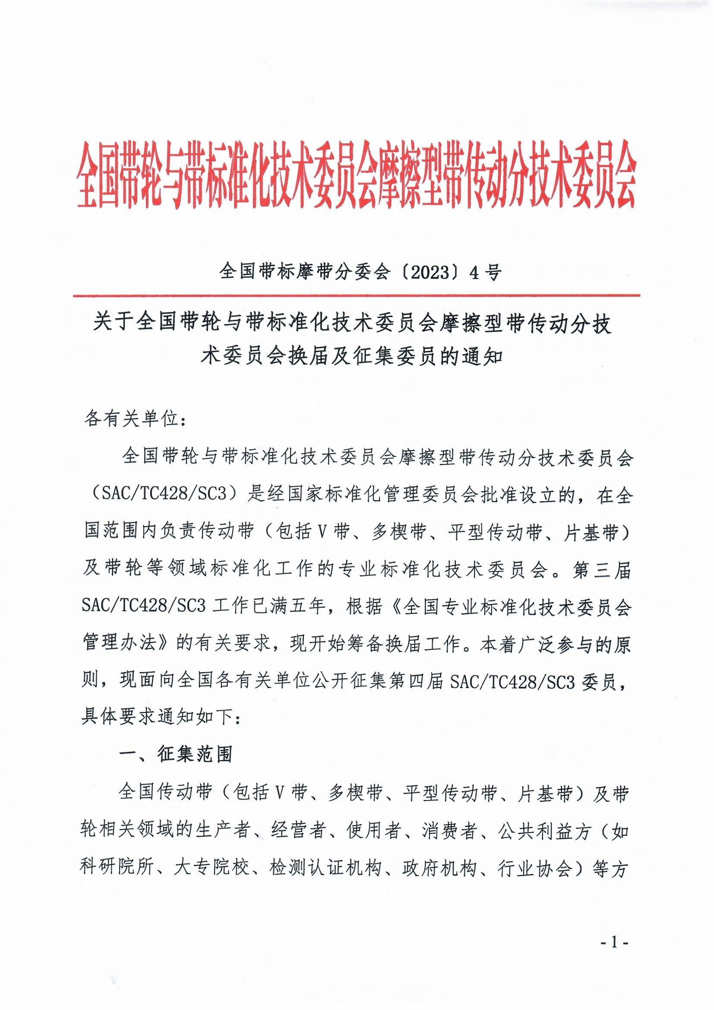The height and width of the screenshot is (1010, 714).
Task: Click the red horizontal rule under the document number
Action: pyautogui.click(x=357, y=295)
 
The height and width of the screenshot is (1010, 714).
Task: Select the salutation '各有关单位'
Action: pyautogui.click(x=132, y=419)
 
